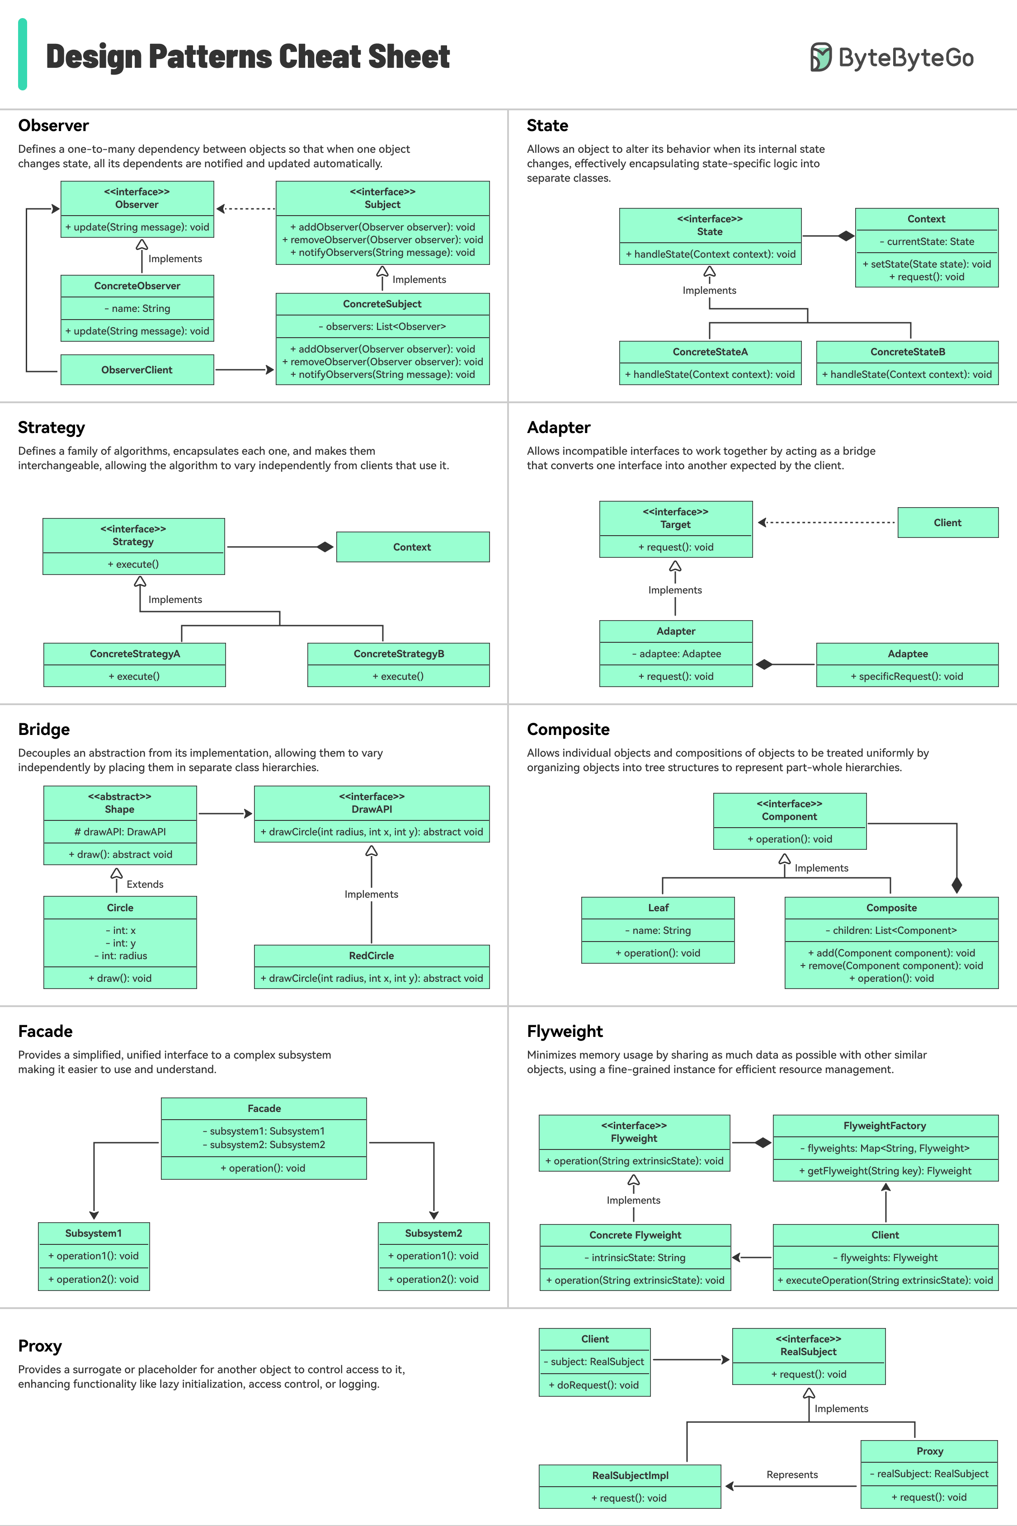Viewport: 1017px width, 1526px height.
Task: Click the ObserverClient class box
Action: (x=137, y=370)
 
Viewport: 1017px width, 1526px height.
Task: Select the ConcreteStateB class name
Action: (x=907, y=352)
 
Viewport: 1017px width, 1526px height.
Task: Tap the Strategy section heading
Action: (x=51, y=428)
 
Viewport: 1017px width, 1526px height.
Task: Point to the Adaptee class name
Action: (x=907, y=654)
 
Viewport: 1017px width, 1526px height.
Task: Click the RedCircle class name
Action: (x=371, y=955)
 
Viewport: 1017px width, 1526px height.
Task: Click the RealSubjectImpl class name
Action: (x=630, y=1475)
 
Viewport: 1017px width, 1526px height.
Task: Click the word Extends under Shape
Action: (x=145, y=884)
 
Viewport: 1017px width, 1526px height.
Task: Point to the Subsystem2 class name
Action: (x=433, y=1233)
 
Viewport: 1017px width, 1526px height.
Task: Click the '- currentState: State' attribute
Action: (x=926, y=241)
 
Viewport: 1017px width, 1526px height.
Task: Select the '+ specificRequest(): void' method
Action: (x=907, y=676)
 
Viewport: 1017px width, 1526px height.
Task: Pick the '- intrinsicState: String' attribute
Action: (x=635, y=1258)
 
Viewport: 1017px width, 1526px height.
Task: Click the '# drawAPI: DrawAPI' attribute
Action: (x=120, y=831)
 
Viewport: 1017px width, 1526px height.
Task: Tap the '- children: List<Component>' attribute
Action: (x=891, y=930)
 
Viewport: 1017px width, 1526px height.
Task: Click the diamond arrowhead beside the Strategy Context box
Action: (x=325, y=547)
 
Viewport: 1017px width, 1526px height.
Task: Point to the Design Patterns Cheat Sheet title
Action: (x=248, y=57)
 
